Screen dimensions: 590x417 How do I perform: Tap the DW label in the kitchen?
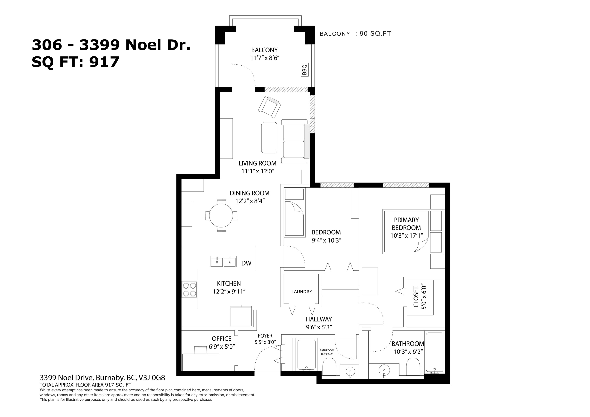(x=246, y=263)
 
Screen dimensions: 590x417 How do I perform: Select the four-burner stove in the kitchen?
(x=189, y=290)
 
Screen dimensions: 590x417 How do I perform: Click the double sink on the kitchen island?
(x=223, y=261)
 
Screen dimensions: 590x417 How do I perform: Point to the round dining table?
(x=221, y=215)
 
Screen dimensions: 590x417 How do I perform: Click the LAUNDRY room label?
(x=302, y=292)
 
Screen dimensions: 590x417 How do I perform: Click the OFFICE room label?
(x=221, y=339)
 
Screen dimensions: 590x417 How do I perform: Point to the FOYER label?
(x=265, y=336)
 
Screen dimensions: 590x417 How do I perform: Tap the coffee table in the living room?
(x=269, y=138)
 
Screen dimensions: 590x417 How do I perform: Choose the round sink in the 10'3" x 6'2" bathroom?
(x=384, y=371)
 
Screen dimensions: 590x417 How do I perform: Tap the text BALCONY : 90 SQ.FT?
(x=355, y=34)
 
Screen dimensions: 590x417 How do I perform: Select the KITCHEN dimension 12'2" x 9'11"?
(x=229, y=292)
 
